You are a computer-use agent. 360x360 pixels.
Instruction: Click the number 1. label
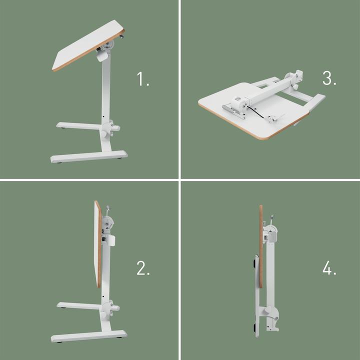point(143,79)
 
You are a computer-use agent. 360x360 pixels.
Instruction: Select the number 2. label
point(143,268)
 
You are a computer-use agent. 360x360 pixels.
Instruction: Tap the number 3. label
point(329,78)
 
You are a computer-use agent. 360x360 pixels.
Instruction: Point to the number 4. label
point(329,268)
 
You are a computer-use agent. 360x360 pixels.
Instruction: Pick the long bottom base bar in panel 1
point(89,156)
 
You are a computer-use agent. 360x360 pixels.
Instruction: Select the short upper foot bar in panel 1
point(80,125)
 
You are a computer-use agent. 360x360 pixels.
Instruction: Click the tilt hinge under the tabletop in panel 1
point(107,49)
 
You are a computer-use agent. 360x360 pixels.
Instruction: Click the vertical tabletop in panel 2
point(97,245)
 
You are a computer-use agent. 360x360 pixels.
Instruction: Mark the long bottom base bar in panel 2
point(88,335)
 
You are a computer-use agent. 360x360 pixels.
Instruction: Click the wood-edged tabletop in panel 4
point(261,245)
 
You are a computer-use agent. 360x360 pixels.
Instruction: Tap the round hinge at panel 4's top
point(270,231)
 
